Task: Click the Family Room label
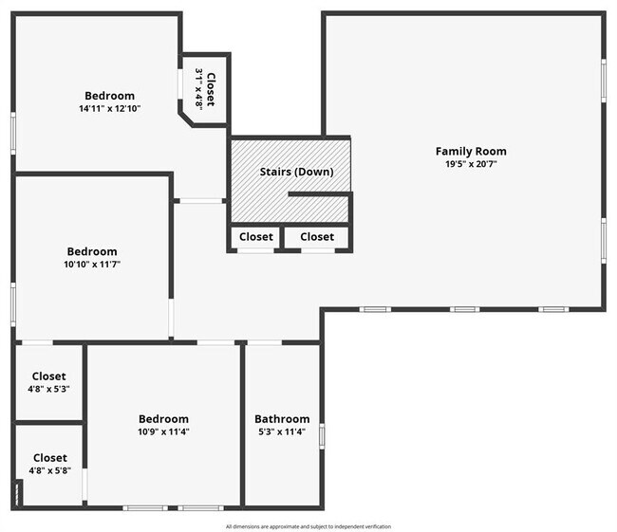(x=471, y=151)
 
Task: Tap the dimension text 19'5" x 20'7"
(x=471, y=164)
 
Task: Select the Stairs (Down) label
(x=296, y=172)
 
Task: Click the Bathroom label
(x=282, y=419)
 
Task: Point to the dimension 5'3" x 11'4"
(x=282, y=432)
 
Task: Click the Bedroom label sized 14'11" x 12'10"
(x=109, y=96)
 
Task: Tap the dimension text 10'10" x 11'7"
(x=91, y=265)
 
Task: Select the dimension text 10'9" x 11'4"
(x=163, y=432)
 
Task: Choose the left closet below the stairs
(x=255, y=237)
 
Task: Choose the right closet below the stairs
(x=317, y=237)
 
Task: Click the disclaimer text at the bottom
(x=308, y=526)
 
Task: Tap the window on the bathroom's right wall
(x=322, y=435)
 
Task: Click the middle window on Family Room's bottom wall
(x=463, y=309)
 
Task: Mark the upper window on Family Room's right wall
(x=604, y=81)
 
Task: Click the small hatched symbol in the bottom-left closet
(x=18, y=493)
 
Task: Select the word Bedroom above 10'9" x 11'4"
(x=163, y=419)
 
